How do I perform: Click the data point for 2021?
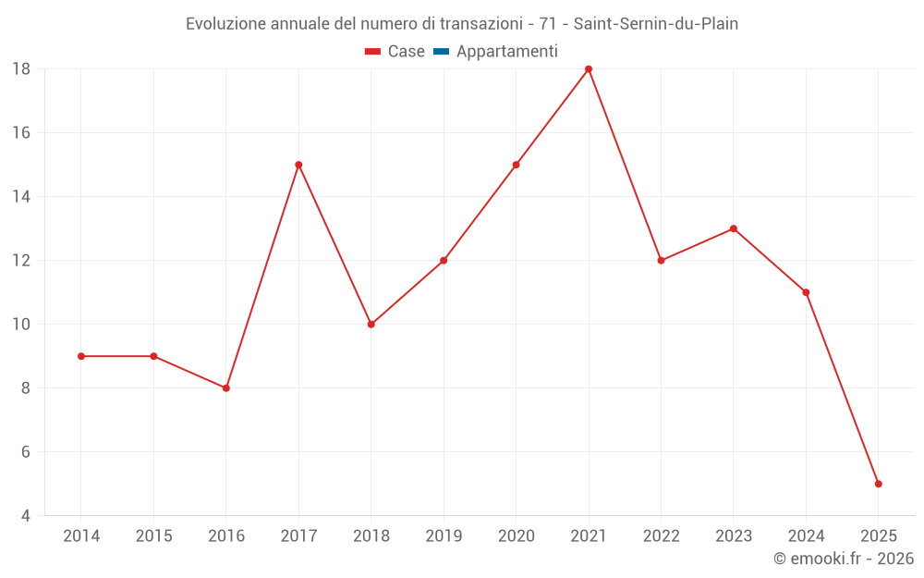coord(589,69)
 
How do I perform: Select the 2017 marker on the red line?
coord(298,165)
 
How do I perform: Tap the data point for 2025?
coord(878,484)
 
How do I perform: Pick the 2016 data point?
coord(226,388)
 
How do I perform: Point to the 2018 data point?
coord(371,325)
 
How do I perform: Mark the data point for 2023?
coord(734,228)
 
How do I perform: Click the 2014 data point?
coord(81,356)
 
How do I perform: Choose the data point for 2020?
coord(516,165)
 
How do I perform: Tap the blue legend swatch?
coord(440,52)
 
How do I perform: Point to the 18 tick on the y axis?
coord(20,69)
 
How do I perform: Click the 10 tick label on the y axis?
coord(20,325)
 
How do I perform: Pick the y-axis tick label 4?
coord(26,516)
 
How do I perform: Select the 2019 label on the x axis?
coord(444,536)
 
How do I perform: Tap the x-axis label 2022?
coord(661,536)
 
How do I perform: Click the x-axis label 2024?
coord(806,536)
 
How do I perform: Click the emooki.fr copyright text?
coord(844,559)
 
